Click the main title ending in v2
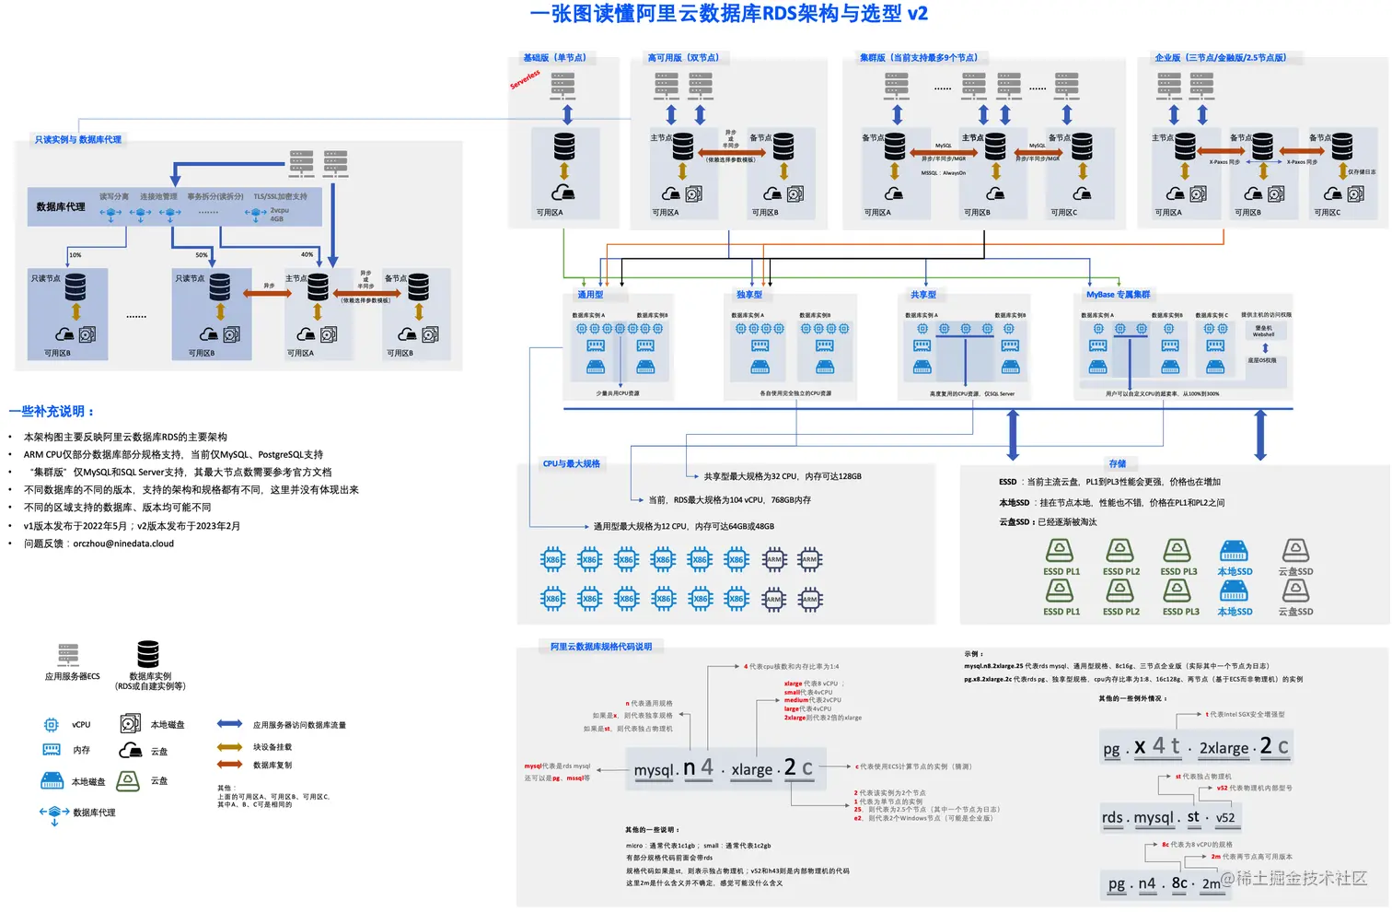pos(728,14)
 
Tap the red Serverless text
pos(526,80)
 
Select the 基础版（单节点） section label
pos(554,57)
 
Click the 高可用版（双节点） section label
pos(683,57)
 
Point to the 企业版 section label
pos(1220,57)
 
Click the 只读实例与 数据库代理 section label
pos(78,140)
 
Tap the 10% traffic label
pos(75,255)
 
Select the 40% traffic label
pos(307,255)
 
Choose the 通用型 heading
pos(590,295)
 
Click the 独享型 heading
pos(748,295)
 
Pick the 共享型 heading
pos(922,295)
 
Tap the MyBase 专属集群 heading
pos(1118,295)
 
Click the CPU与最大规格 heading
pos(571,464)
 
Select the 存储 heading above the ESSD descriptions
pos(1117,464)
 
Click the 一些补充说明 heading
pos(52,412)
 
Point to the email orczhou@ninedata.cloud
pos(123,544)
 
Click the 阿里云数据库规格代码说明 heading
pos(600,647)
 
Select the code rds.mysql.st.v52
pos(1167,817)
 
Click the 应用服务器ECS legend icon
pos(68,655)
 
